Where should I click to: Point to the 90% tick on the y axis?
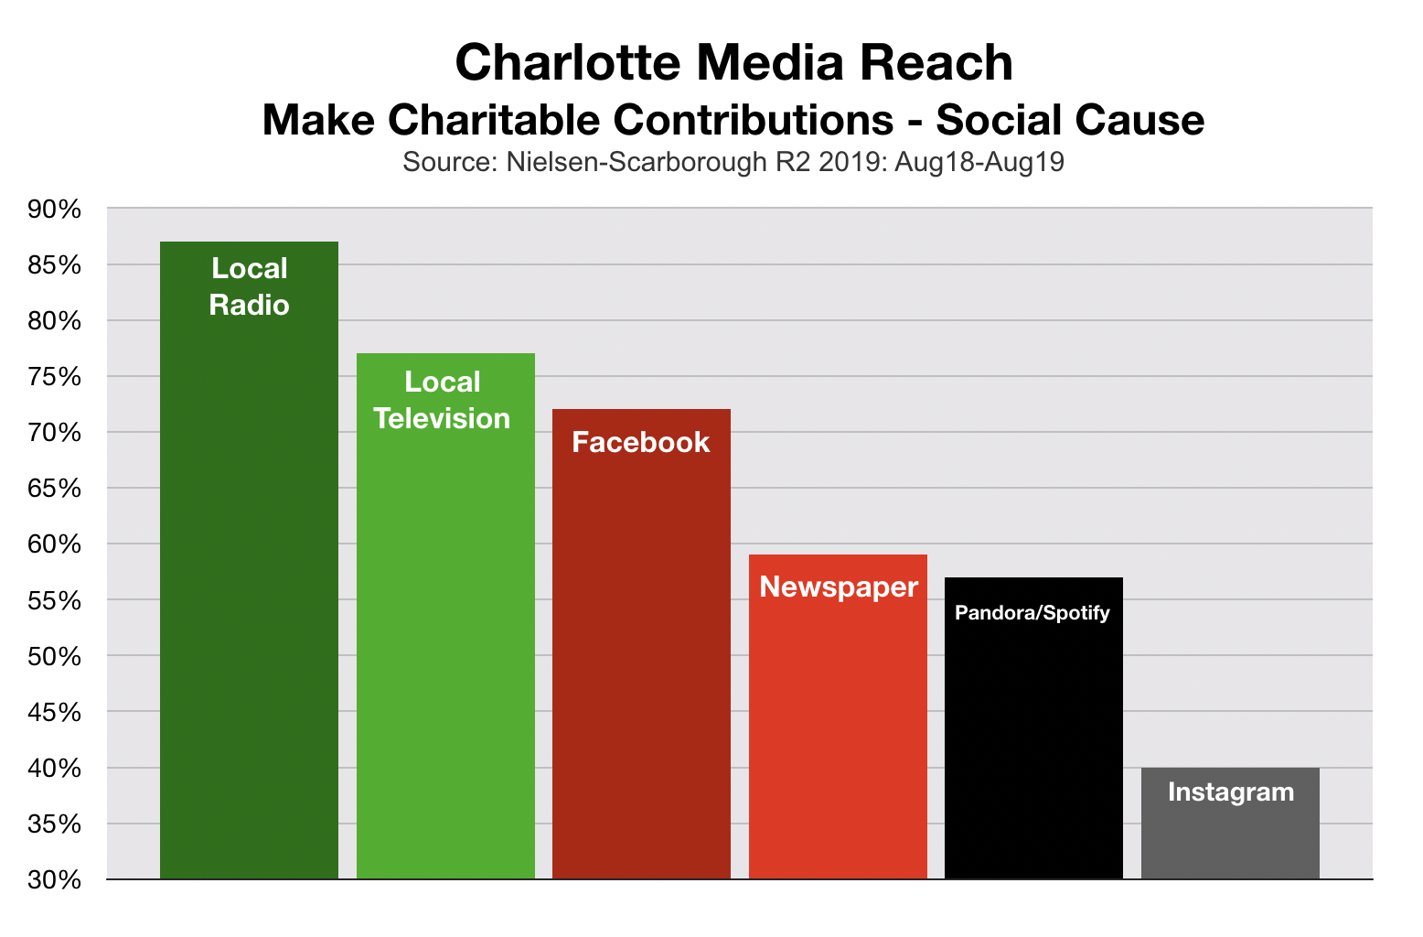[56, 210]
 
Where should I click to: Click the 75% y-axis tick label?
[56, 377]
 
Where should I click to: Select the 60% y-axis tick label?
[56, 544]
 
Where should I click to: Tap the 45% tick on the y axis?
[56, 712]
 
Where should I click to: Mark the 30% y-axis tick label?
[56, 879]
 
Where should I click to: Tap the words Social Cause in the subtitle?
[1070, 120]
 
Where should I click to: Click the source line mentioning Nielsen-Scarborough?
[733, 163]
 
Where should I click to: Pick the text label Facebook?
[641, 442]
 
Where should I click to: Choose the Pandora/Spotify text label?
[1032, 612]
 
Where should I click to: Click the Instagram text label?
[1231, 792]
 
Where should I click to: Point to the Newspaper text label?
[839, 587]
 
